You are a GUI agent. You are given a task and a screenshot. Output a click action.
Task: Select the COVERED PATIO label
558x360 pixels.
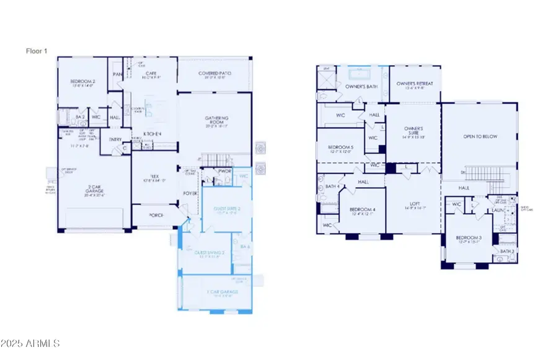point(215,73)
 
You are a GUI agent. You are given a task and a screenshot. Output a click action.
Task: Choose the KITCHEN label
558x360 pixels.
point(153,134)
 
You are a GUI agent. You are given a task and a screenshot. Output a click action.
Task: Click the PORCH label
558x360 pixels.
point(157,216)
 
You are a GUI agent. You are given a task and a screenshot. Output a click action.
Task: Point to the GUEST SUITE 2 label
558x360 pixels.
point(226,209)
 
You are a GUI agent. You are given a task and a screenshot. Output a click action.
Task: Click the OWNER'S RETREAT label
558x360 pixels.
point(415,84)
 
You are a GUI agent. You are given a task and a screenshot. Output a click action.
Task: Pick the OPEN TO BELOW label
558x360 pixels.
point(481,136)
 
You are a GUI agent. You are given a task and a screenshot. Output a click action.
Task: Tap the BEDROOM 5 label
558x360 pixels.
point(340,147)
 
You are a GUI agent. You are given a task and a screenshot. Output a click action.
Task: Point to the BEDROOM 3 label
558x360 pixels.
point(469,238)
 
